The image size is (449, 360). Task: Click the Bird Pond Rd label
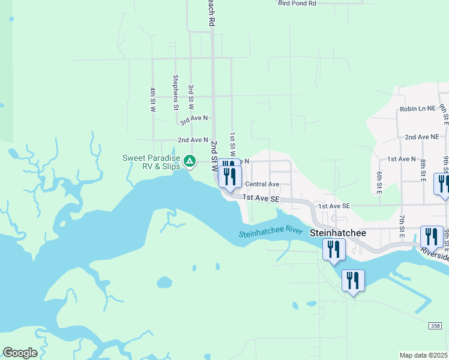pos(297,4)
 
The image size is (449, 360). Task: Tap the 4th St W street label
pos(153,99)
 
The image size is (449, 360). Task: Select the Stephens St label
pos(176,92)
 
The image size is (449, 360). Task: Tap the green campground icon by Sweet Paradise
pos(190,160)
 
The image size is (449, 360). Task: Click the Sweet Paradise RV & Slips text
pos(151,162)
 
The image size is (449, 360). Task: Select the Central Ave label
pos(262,184)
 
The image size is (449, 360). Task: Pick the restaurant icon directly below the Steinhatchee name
pos(334,250)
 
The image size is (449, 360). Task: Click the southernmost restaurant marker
pos(352,281)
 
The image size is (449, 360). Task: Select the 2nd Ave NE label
pos(421,137)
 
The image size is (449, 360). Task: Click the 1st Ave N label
pos(402,159)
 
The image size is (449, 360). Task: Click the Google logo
pos(20,352)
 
